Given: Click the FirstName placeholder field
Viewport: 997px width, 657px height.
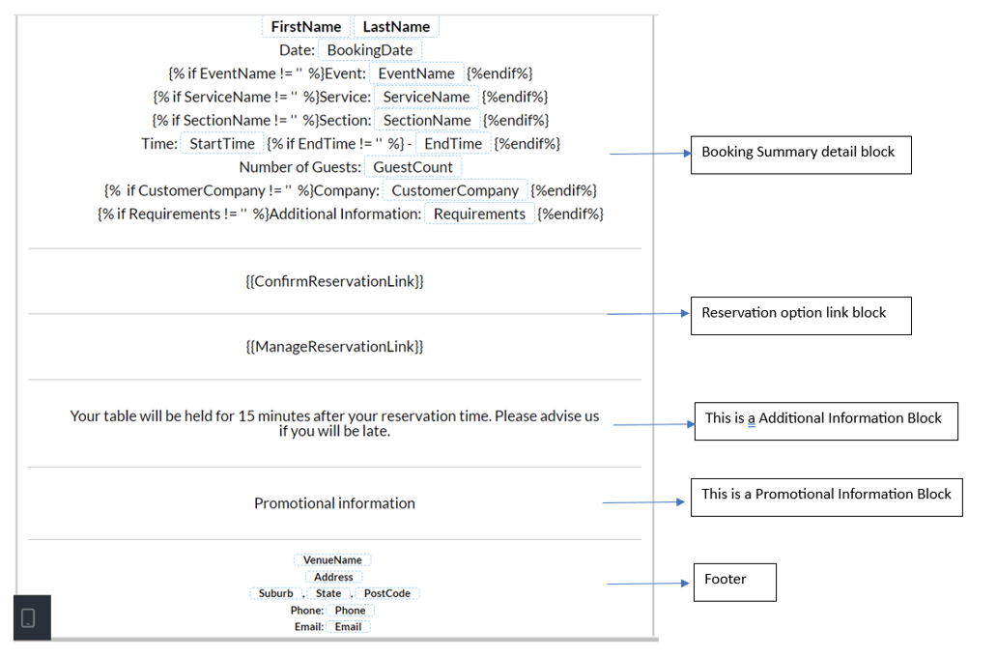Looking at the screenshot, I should click(x=305, y=27).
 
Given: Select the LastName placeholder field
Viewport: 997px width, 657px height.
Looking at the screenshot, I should click(x=396, y=27).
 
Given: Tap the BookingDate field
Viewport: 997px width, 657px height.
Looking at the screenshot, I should click(x=370, y=50).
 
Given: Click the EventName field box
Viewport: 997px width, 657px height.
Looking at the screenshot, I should click(x=416, y=73).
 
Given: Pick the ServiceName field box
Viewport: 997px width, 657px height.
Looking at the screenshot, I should click(x=426, y=97).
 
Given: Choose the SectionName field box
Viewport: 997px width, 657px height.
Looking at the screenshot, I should click(x=427, y=121).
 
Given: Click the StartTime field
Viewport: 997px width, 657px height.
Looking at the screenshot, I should click(x=221, y=144).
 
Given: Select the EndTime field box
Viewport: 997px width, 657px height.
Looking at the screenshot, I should click(x=453, y=144).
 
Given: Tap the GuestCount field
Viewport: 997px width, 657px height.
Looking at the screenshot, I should click(x=413, y=167).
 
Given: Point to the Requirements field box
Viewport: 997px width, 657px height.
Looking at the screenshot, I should click(x=479, y=214).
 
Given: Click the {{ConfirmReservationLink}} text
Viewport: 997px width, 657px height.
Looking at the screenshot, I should click(x=334, y=281).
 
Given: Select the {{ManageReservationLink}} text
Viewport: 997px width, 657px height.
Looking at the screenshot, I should click(x=334, y=346).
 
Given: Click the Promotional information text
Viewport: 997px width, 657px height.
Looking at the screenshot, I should click(x=334, y=503).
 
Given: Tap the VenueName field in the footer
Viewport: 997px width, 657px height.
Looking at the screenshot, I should click(x=332, y=560).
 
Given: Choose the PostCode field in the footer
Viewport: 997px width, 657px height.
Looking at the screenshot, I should click(x=387, y=593).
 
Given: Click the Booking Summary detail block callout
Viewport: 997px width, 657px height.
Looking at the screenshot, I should click(x=800, y=154).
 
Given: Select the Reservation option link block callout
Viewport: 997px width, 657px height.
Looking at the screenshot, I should click(x=800, y=315).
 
